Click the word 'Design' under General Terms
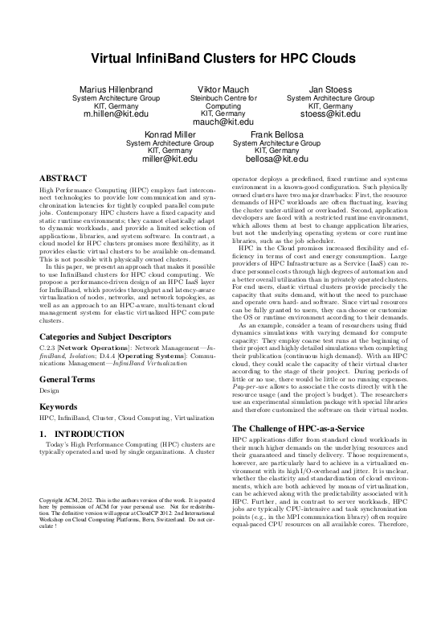pos(50,390)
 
